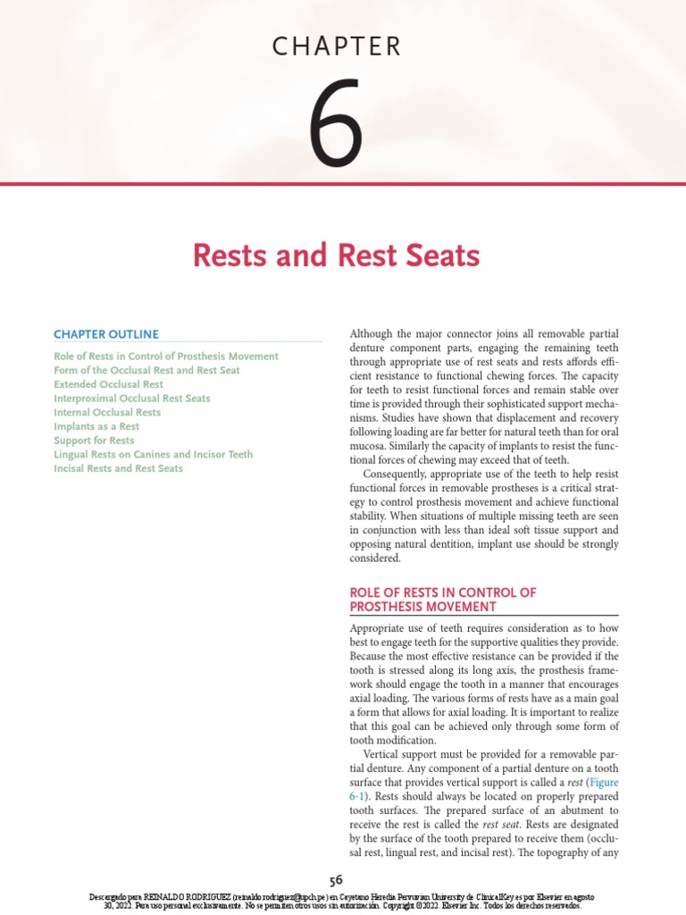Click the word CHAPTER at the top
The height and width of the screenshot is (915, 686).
pos(337,46)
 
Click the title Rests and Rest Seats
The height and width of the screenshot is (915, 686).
pos(337,256)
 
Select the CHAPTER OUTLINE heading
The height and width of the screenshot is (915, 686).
pos(106,334)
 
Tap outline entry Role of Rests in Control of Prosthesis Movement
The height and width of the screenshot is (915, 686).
pos(166,356)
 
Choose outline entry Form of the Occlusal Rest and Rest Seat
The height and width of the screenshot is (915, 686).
pos(146,370)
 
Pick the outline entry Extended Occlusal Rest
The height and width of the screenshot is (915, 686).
pos(108,384)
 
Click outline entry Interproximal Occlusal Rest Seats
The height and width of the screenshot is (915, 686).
pos(132,399)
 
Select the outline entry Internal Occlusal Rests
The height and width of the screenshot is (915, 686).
pos(107,413)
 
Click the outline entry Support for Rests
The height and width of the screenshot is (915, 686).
pos(94,441)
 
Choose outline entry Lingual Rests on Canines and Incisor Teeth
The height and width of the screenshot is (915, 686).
pos(153,455)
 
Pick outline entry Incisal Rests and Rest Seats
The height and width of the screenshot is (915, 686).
pos(118,468)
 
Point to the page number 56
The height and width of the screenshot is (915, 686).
pos(337,880)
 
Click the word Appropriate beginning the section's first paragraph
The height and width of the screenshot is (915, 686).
pos(377,628)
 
